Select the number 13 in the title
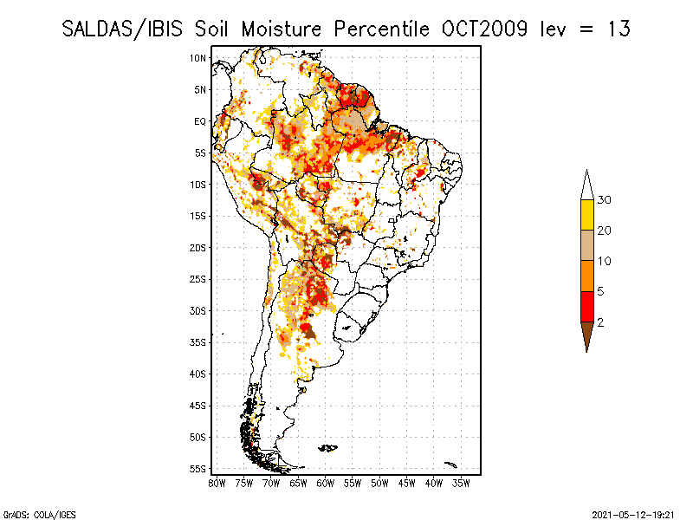point(619,29)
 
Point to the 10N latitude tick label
point(198,58)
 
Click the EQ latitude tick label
point(200,121)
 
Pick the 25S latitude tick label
point(198,279)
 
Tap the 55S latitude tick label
point(198,469)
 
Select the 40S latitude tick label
point(198,374)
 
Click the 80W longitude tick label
point(217,483)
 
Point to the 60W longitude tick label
point(325,483)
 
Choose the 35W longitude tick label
point(461,483)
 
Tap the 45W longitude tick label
point(406,483)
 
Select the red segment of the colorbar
point(586,306)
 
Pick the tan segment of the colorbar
point(586,245)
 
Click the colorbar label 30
point(605,200)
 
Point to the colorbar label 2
point(601,322)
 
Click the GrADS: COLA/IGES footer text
point(29,514)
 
